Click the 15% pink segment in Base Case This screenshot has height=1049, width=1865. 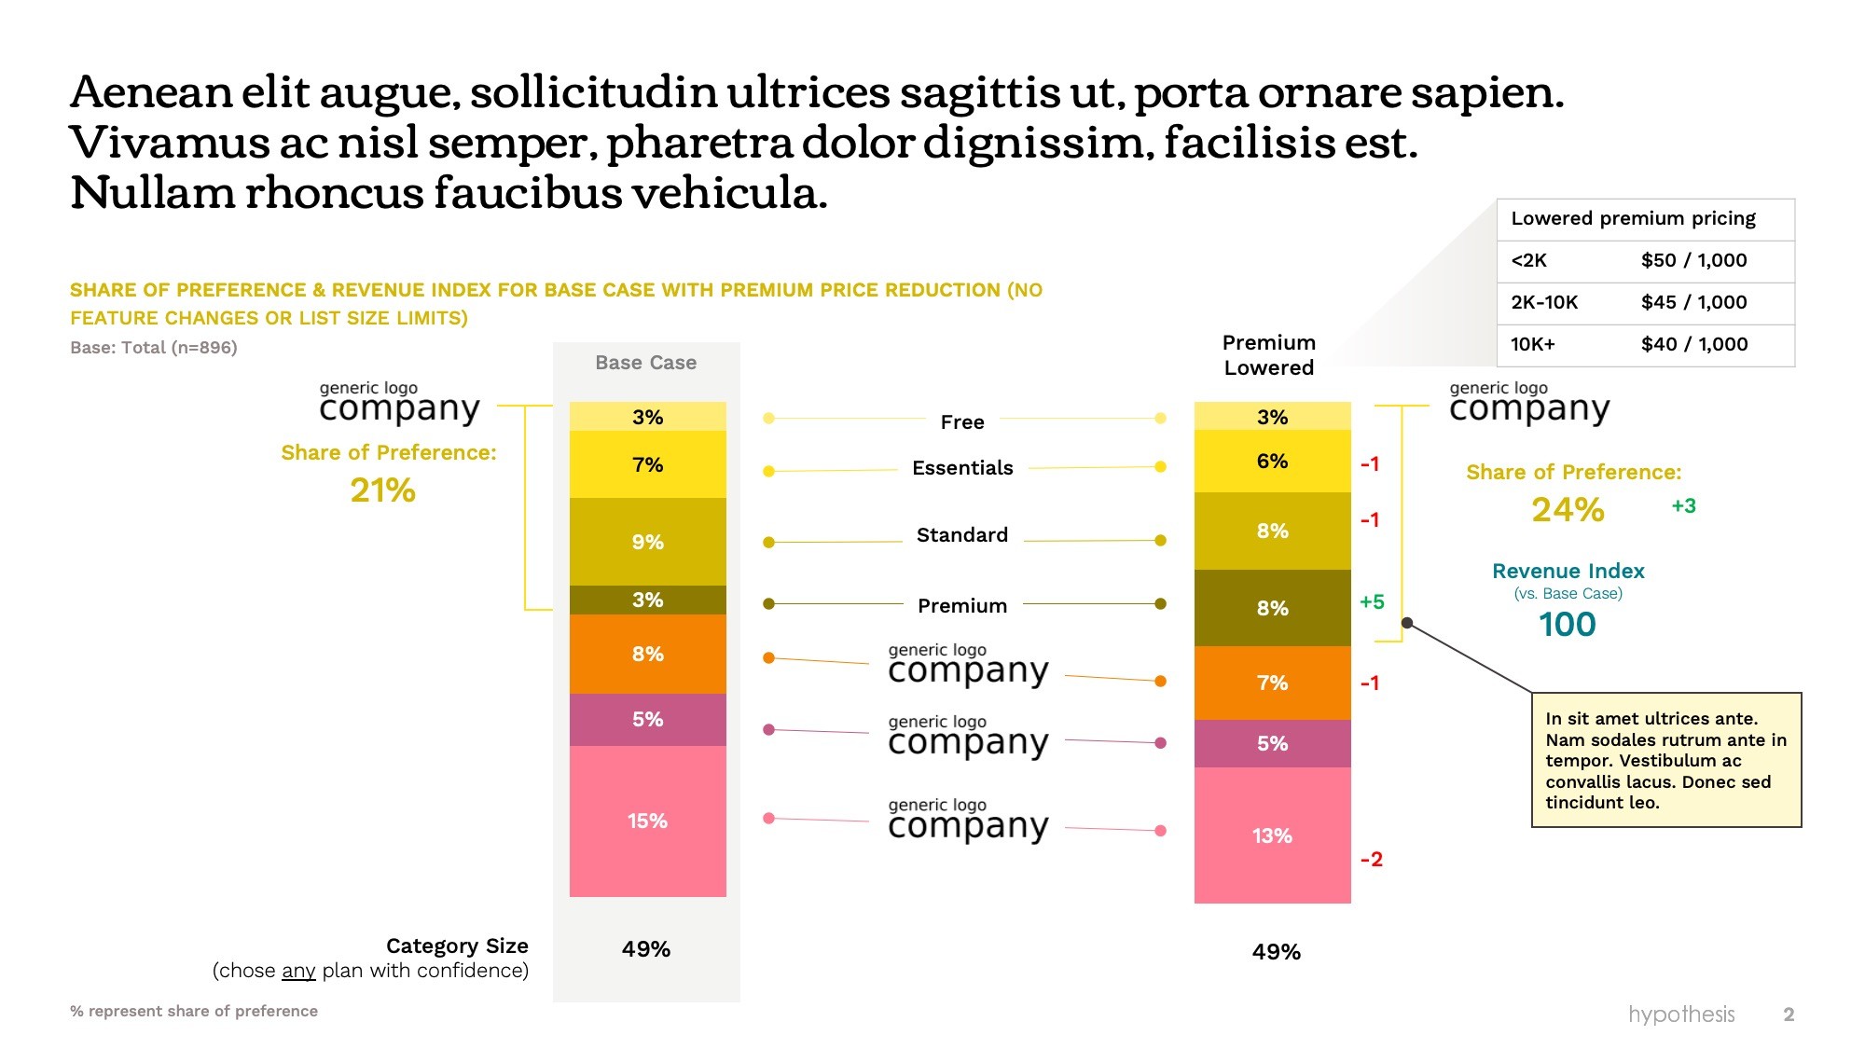tap(647, 821)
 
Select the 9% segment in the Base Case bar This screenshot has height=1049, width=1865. tap(647, 542)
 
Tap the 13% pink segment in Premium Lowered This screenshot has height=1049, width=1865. tap(1272, 835)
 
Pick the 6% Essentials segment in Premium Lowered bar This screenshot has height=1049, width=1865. tap(1272, 462)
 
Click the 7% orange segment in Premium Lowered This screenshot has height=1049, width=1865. tap(1272, 683)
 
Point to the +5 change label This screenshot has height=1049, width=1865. tap(1372, 602)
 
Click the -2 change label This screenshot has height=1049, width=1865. tap(1371, 859)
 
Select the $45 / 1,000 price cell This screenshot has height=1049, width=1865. tap(1693, 303)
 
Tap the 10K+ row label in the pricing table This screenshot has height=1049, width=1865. tap(1533, 345)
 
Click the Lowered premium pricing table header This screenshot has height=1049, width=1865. tap(1633, 219)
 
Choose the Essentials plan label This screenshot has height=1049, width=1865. tap(962, 468)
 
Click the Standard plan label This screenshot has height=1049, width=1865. tap(962, 535)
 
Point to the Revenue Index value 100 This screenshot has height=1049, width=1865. tap(1567, 625)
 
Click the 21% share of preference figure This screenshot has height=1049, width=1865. tap(382, 490)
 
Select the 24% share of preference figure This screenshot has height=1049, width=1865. tap(1568, 510)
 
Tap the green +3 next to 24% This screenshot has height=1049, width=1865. tap(1683, 506)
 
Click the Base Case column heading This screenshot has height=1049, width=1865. tap(645, 363)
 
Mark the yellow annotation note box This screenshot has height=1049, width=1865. tap(1665, 760)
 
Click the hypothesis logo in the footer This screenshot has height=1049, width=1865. tap(1680, 1014)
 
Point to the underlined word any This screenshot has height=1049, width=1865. tap(298, 971)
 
